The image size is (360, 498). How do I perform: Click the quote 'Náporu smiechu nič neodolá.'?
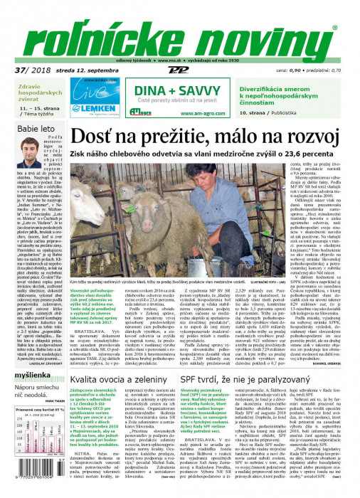[x=41, y=389]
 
